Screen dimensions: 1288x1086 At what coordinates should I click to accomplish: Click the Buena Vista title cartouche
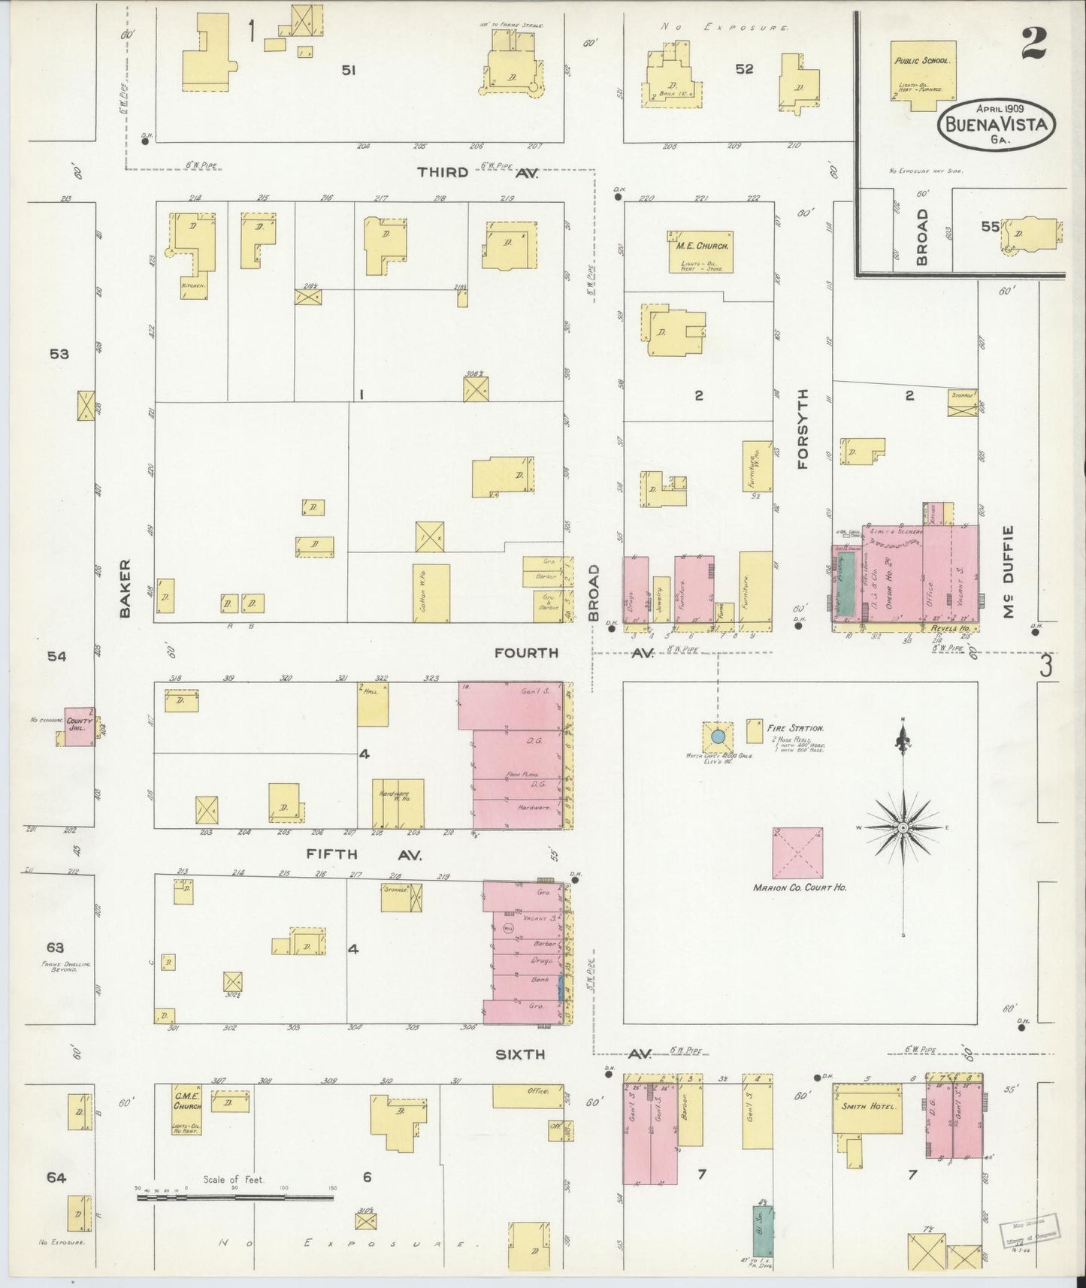point(997,125)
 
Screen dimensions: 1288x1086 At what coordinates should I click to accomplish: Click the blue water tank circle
point(718,735)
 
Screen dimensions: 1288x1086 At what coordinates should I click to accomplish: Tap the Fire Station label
point(795,728)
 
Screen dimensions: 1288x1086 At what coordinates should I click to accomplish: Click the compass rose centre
point(902,828)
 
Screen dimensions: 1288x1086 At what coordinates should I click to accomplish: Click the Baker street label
point(125,588)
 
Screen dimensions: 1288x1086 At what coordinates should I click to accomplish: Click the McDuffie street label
point(1008,571)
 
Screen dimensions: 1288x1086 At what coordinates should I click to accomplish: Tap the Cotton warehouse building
point(431,593)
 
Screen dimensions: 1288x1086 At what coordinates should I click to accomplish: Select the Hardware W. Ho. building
point(398,802)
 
